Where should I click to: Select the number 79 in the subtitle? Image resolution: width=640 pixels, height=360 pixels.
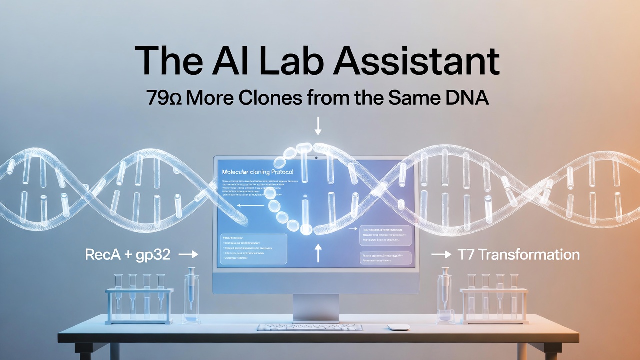tap(158, 98)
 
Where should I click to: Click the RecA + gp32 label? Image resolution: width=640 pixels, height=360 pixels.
tap(128, 255)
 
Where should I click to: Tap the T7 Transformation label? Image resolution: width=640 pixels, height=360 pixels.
tap(518, 255)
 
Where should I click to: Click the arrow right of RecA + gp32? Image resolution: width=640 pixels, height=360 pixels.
tap(188, 255)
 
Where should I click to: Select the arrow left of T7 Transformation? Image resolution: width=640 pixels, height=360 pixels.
tap(441, 255)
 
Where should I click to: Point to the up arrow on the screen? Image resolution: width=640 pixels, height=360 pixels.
tap(318, 252)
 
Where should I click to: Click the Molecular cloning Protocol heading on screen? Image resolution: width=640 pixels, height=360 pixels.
tap(257, 172)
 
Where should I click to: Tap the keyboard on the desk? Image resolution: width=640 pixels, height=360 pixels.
tap(310, 327)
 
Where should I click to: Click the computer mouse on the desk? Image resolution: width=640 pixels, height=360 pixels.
tap(399, 327)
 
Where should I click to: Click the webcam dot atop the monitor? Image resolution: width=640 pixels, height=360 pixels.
tap(316, 158)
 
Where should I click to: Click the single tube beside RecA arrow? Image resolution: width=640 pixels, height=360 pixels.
tap(190, 295)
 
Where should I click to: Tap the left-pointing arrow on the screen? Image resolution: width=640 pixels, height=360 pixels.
tap(245, 205)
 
